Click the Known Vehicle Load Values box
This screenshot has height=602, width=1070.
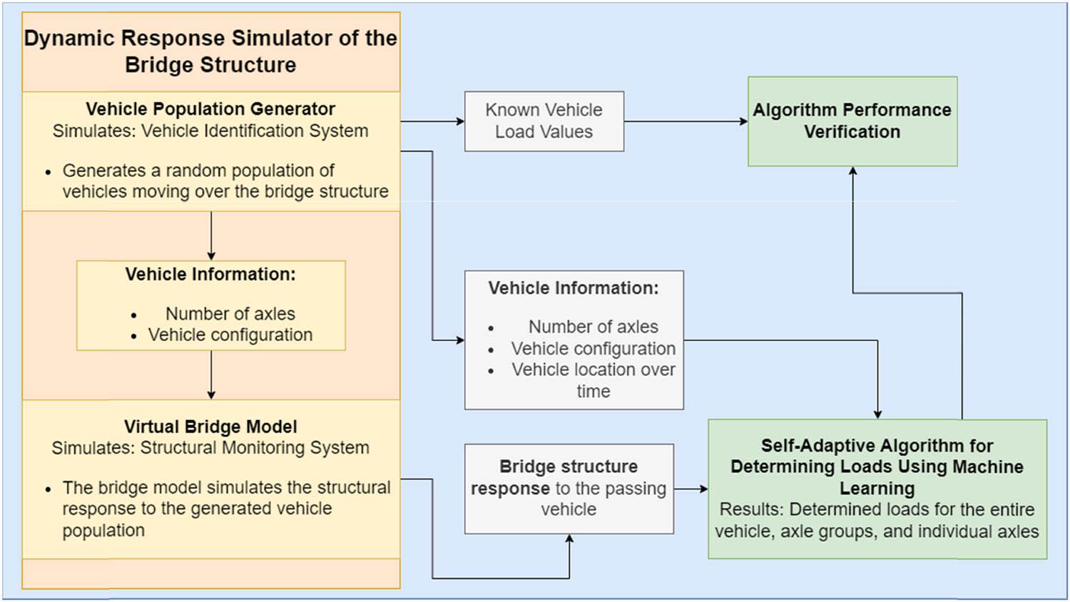point(544,121)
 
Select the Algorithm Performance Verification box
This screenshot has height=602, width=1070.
point(852,121)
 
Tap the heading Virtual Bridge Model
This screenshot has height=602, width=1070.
point(210,427)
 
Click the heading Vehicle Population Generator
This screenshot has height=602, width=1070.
point(210,109)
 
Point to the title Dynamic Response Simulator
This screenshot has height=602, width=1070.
point(210,39)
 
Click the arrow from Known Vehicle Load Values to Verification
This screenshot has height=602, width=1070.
point(685,121)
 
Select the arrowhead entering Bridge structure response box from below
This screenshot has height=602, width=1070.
point(569,540)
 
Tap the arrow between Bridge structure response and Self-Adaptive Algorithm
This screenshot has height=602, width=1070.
point(690,489)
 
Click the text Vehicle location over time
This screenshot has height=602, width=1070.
point(593,379)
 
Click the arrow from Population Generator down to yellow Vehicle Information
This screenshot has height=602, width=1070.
point(211,235)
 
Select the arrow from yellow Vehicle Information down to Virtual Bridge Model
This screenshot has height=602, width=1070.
point(211,374)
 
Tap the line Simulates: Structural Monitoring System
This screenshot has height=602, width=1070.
point(210,448)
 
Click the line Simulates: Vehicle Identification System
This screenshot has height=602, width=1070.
point(210,131)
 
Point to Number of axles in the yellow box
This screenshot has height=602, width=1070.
point(230,314)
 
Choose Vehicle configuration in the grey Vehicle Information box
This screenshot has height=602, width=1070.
point(593,349)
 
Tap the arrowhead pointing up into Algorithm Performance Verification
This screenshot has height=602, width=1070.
point(852,172)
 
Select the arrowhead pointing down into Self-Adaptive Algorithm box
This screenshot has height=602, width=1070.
point(877,414)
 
